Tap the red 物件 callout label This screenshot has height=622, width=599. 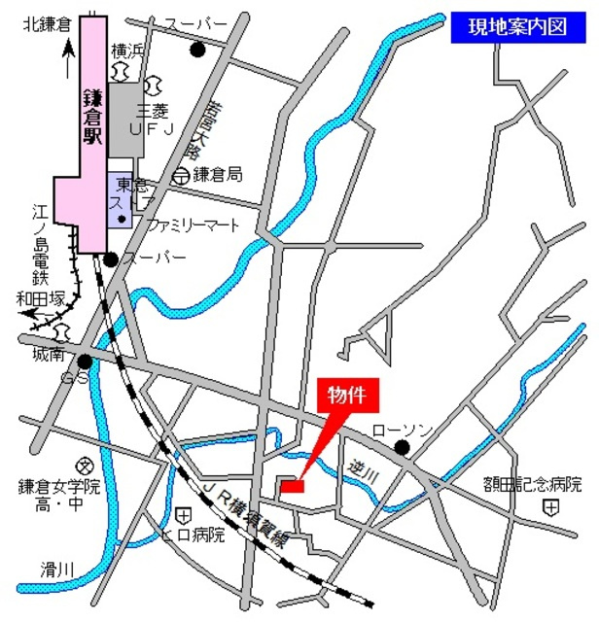click(x=347, y=396)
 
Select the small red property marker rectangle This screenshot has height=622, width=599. click(x=291, y=484)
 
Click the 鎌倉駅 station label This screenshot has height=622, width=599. click(x=92, y=118)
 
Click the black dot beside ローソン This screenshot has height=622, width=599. click(x=401, y=448)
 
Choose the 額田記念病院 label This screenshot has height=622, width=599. click(x=533, y=483)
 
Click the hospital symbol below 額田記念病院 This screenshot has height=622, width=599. click(x=551, y=507)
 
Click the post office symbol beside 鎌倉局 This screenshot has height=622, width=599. click(x=180, y=176)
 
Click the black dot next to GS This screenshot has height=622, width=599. click(x=86, y=362)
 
